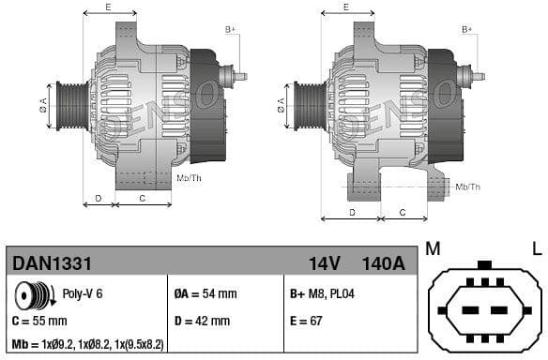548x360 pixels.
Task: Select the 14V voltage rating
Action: (324, 264)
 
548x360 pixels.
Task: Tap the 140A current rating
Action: (383, 264)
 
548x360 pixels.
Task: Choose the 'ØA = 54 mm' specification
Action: (205, 293)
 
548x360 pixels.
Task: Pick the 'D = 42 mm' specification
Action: (202, 321)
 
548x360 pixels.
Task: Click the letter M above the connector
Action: (433, 248)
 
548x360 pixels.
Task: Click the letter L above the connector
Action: (536, 248)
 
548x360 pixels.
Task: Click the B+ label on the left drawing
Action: (231, 30)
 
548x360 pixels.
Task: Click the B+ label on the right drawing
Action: (467, 30)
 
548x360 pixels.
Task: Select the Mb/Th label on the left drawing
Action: (189, 177)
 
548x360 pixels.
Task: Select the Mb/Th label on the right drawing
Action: (467, 187)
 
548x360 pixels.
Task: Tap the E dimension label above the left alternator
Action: (109, 7)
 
